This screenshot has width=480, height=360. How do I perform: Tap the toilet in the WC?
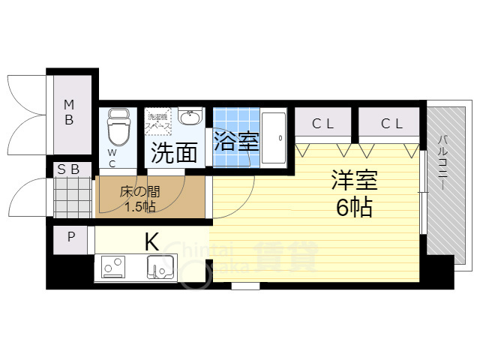(118, 129)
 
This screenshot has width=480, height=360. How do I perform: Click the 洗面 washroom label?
(175, 152)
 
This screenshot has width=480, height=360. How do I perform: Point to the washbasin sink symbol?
(191, 118)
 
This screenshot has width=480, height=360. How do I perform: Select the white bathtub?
(273, 138)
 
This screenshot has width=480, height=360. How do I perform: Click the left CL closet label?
(322, 123)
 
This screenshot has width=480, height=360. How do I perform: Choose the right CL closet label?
(390, 123)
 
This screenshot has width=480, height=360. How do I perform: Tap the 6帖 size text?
(354, 208)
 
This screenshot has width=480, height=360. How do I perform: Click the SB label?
(69, 169)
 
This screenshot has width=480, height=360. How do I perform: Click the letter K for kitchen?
(151, 242)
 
